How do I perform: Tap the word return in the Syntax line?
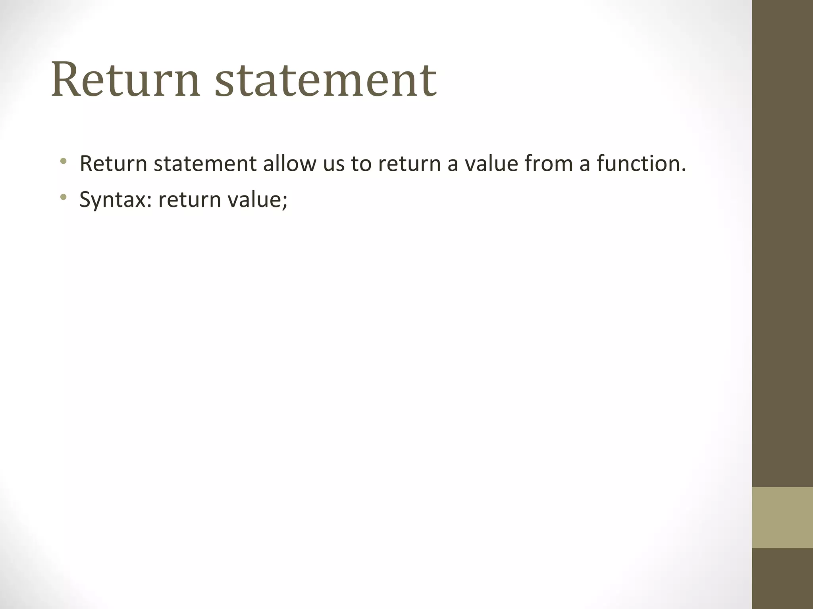(x=189, y=200)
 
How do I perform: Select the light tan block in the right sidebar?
(x=782, y=517)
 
